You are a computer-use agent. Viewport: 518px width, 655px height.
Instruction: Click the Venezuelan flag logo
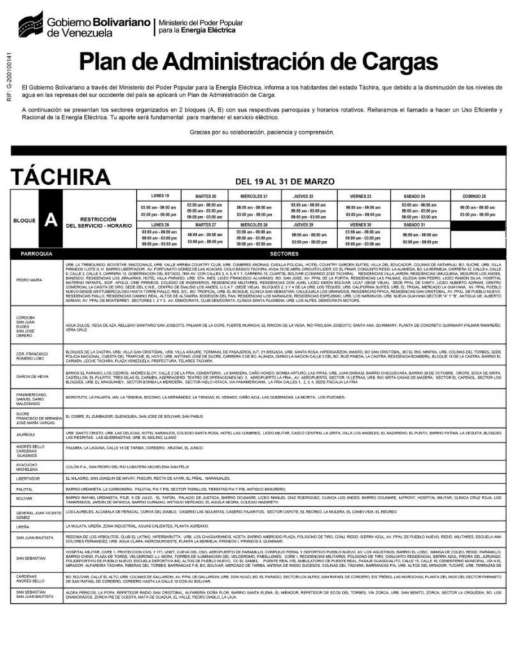[30, 24]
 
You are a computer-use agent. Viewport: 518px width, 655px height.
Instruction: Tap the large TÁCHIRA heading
[60, 177]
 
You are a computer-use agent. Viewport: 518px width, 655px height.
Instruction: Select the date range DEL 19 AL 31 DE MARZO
[285, 182]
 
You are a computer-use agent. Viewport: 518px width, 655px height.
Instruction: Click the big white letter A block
[51, 220]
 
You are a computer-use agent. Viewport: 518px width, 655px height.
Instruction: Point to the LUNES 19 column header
[160, 195]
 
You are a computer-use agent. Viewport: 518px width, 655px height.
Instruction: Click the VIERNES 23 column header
[360, 195]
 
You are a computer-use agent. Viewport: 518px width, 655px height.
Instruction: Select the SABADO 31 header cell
[415, 225]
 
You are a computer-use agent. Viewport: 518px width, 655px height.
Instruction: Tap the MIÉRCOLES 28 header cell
[253, 225]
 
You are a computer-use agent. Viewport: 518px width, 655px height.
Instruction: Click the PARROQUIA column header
[36, 253]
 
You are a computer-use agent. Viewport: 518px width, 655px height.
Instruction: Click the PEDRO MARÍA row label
[29, 280]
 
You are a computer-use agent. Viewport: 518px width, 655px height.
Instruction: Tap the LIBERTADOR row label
[29, 478]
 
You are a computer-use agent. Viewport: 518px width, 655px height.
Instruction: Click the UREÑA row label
[23, 526]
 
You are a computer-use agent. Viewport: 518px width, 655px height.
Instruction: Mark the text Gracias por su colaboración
[262, 132]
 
